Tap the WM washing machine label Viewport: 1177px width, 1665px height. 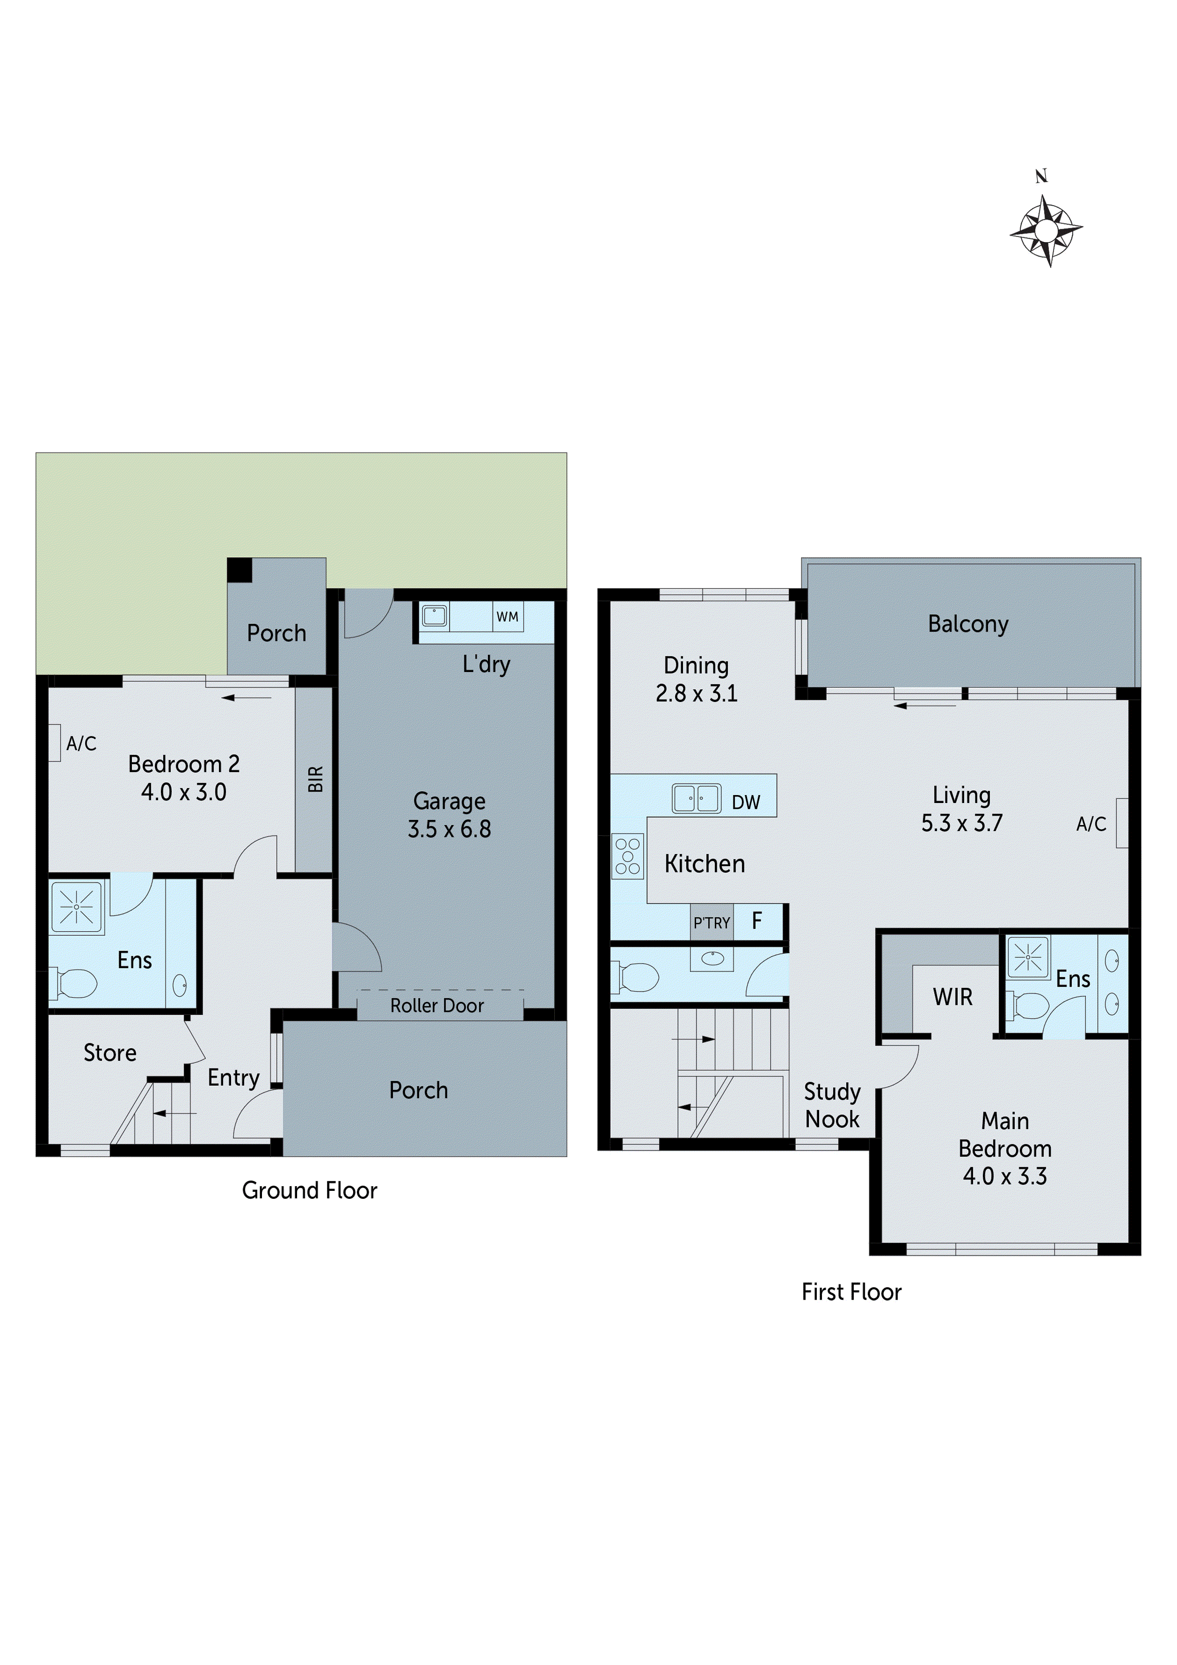507,617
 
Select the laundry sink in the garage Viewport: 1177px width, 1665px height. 434,617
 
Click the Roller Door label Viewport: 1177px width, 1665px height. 437,1006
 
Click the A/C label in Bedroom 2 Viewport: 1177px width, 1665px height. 81,743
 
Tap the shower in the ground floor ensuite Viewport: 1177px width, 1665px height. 76,907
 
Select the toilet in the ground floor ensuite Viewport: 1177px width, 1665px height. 74,984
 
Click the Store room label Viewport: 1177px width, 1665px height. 110,1053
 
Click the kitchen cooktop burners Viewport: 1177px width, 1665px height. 627,856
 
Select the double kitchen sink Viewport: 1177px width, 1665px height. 696,798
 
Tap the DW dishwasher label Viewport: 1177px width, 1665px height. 746,802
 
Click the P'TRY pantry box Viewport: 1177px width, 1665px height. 711,922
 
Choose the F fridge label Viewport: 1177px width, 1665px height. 757,921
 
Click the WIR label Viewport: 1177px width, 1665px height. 952,997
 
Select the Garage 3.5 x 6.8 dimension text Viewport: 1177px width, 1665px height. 449,829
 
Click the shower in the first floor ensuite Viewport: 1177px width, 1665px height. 1028,957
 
